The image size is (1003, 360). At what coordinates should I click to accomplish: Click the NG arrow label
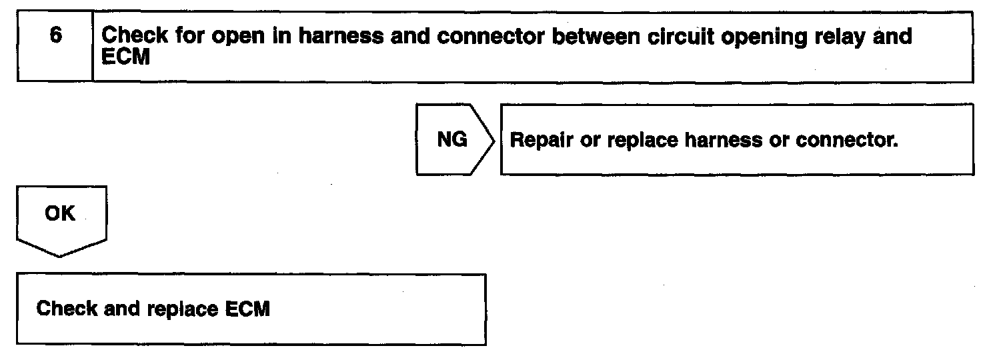click(451, 139)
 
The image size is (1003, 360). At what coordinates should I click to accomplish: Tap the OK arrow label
click(60, 214)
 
